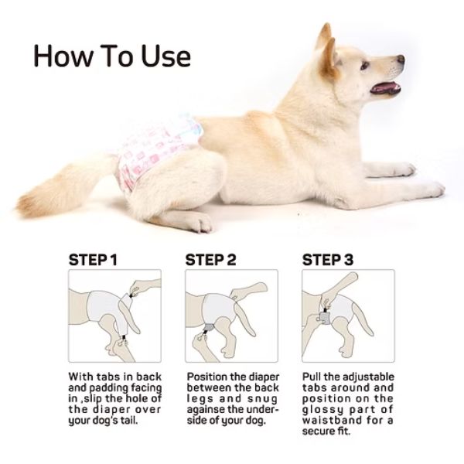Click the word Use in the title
point(166,56)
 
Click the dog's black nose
point(401,59)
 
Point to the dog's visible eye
point(365,65)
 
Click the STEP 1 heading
point(93,260)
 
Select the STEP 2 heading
point(210,260)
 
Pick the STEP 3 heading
point(328,260)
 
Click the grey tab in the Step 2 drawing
point(210,327)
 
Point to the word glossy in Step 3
point(322,410)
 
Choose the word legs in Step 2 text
point(200,399)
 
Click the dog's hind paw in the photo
point(199,223)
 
